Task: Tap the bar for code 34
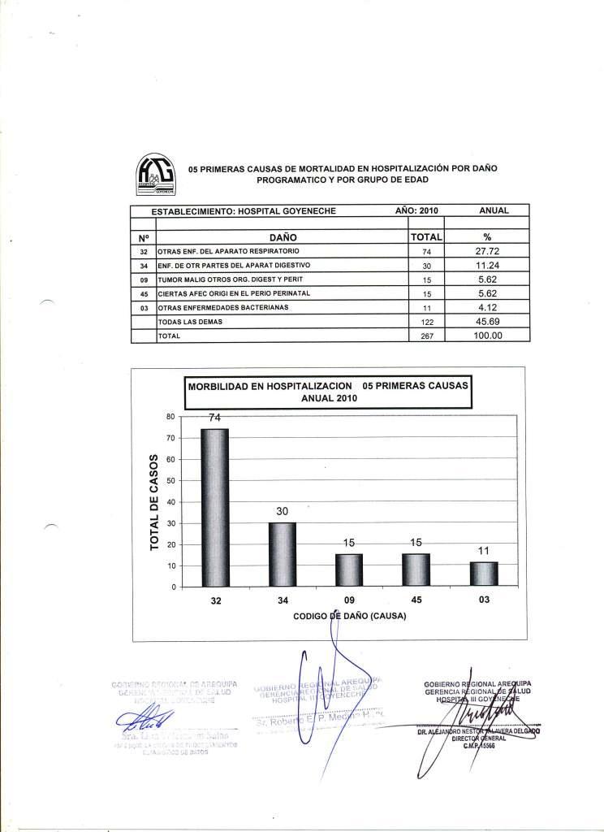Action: click(x=283, y=553)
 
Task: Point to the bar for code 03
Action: click(x=484, y=573)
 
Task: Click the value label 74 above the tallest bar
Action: click(x=215, y=418)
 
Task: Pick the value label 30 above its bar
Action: click(x=282, y=511)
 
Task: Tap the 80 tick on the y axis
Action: click(x=170, y=417)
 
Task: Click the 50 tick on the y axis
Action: click(x=170, y=481)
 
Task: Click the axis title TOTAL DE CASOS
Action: click(x=154, y=502)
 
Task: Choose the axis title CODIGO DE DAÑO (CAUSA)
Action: click(x=350, y=617)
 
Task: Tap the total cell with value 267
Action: click(x=425, y=336)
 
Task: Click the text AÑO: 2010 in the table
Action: click(x=416, y=210)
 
